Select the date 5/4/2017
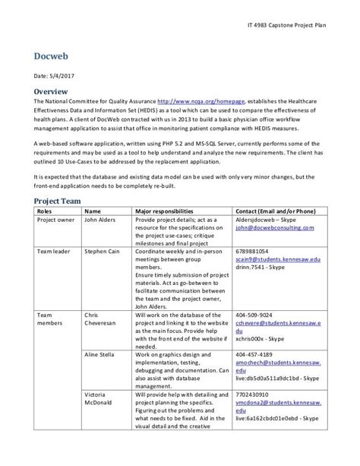click(65, 76)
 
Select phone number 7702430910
click(254, 396)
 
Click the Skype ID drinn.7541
click(263, 268)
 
